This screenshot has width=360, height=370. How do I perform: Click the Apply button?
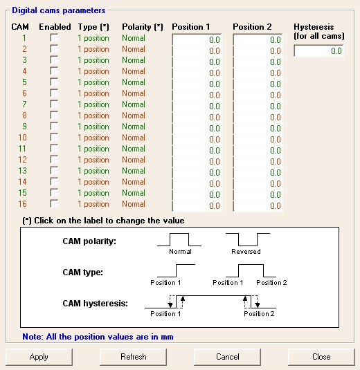click(39, 357)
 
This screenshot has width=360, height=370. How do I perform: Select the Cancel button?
click(228, 357)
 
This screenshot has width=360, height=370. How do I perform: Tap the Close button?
click(321, 357)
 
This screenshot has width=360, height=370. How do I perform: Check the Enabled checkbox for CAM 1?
click(54, 38)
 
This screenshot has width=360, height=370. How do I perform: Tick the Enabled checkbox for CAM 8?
click(54, 115)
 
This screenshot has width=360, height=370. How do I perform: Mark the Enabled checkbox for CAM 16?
click(54, 204)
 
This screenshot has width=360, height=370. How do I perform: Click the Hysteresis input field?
click(318, 50)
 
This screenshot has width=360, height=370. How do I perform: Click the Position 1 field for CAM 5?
click(197, 84)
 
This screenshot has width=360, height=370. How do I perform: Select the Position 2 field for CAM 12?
click(258, 161)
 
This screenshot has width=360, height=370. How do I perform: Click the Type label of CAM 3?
click(93, 60)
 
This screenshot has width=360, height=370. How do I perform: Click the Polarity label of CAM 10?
click(134, 138)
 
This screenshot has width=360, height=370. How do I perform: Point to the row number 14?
click(22, 182)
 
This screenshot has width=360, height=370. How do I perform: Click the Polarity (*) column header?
click(143, 27)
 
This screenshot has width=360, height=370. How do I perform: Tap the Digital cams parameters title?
click(59, 10)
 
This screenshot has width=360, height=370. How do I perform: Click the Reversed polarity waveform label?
click(246, 252)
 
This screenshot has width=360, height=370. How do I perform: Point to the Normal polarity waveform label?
click(180, 252)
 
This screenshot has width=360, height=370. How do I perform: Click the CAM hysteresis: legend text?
click(96, 304)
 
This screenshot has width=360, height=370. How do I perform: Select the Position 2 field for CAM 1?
click(258, 39)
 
